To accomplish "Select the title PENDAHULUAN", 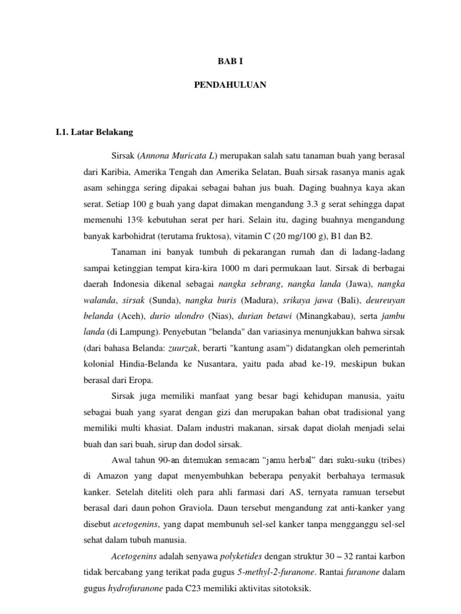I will (x=230, y=86).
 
